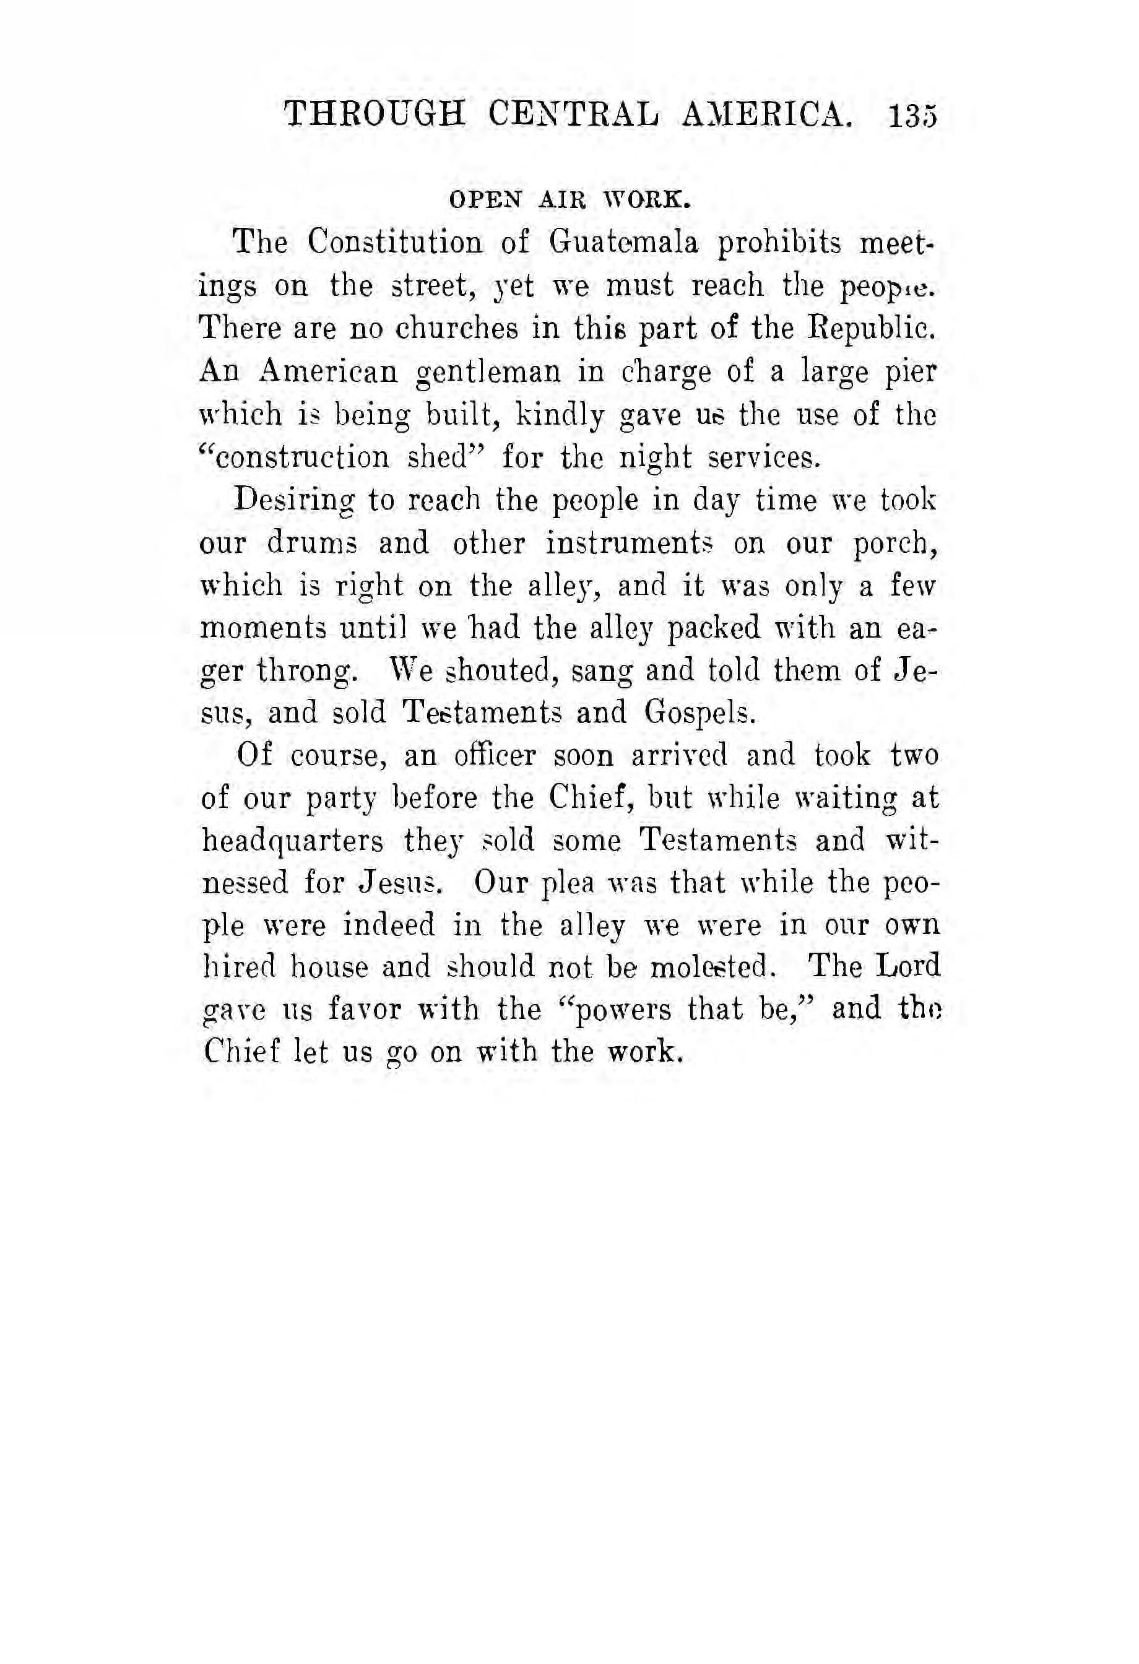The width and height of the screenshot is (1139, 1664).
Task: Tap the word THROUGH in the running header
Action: pyautogui.click(x=375, y=115)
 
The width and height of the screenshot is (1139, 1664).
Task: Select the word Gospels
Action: pyautogui.click(x=699, y=714)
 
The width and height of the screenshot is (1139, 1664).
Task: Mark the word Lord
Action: pyautogui.click(x=909, y=968)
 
